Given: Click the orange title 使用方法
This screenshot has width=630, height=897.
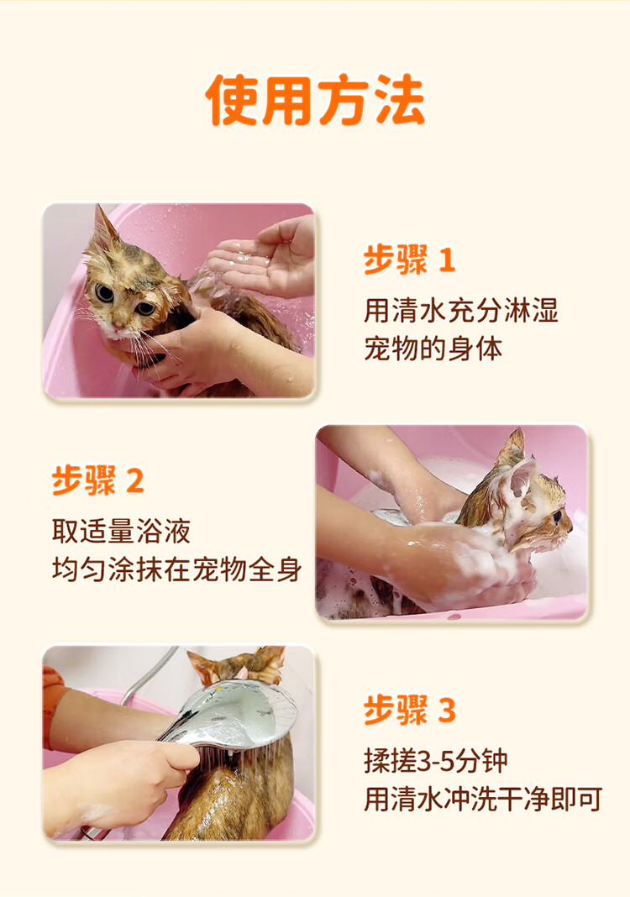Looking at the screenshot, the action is (315, 100).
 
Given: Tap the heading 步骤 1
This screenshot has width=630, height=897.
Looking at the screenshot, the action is (409, 260).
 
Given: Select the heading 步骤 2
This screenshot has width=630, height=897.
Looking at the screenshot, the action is (97, 480).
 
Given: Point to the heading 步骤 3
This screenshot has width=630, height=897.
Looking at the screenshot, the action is (410, 710).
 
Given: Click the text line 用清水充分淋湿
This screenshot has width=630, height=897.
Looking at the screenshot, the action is (460, 311).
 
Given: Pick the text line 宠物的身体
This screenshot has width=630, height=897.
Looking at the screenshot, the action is (433, 349).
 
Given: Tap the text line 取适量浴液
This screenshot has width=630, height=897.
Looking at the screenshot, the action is (121, 531).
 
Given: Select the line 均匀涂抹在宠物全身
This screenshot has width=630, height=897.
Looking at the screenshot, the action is (176, 569).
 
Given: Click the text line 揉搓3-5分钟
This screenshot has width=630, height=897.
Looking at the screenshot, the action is (436, 761).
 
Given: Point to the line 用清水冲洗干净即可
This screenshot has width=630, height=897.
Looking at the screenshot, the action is (483, 800).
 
